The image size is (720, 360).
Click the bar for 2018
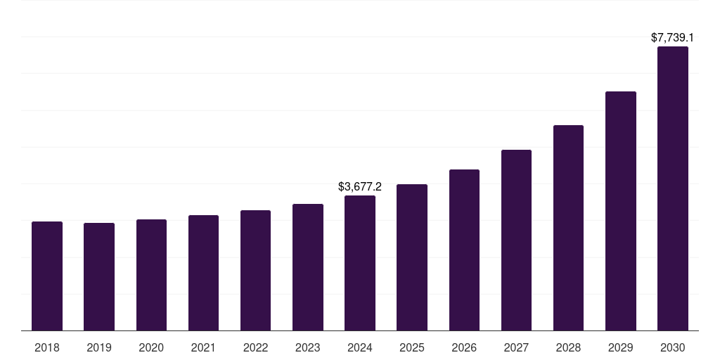pos(47,276)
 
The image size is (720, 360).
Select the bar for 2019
pos(99,276)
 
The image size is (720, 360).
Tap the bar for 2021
pos(203,273)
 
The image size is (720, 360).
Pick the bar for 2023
pos(308,267)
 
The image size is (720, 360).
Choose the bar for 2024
pos(360,263)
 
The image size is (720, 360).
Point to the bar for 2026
pos(464,250)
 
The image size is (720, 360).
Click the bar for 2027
pos(516,240)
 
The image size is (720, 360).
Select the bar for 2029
pos(621,211)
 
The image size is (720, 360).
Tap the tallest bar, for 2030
pos(673,188)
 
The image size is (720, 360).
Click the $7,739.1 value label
pos(673,37)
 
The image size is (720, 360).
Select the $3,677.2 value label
pos(360,186)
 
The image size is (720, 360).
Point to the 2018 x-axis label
pos(47,348)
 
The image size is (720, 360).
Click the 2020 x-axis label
pos(151,348)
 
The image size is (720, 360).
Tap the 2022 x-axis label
pos(256,348)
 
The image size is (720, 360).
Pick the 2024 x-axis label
pos(360,348)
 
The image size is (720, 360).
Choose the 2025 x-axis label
pos(412,348)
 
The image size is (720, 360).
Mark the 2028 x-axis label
pos(568,348)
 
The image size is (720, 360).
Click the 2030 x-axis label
pos(673,348)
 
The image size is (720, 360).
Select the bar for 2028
pos(568,228)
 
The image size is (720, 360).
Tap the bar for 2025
pos(412,257)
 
